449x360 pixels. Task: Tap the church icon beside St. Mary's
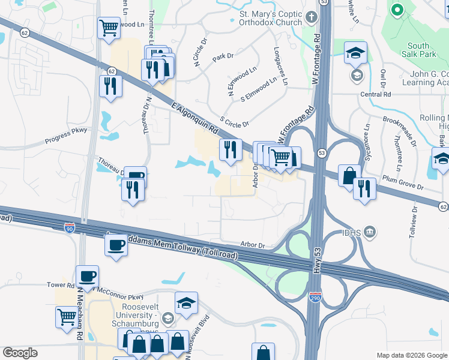tap(311, 17)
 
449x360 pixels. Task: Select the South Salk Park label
tap(418, 50)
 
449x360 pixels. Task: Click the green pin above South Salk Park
tap(397, 10)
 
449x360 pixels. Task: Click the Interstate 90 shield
tap(70, 227)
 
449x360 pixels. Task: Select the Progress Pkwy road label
tap(66, 136)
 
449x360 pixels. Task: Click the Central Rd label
tap(375, 94)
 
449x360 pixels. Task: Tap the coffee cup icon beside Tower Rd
tap(88, 276)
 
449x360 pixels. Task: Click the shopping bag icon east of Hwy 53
tap(349, 175)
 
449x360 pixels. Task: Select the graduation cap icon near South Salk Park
tap(355, 52)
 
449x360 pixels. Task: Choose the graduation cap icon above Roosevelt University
tap(186, 303)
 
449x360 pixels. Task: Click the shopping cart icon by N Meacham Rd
tap(67, 316)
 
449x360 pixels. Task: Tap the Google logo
tap(20, 353)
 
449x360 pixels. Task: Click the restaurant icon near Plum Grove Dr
tap(364, 188)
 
